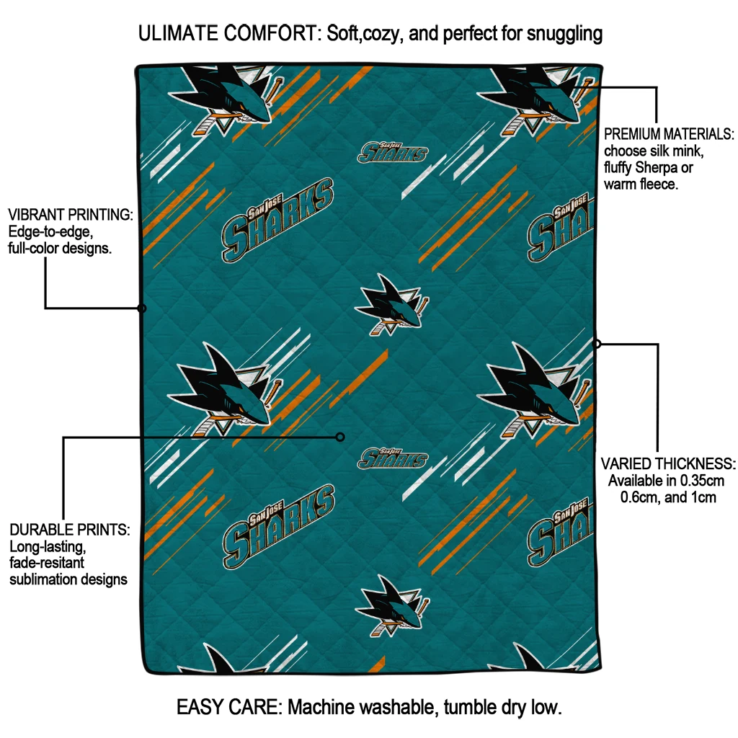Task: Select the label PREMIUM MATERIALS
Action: click(x=669, y=134)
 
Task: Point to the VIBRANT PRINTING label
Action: click(x=70, y=215)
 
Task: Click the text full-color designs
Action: click(x=60, y=249)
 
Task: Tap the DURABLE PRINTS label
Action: click(x=70, y=530)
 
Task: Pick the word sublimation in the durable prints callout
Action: click(x=44, y=579)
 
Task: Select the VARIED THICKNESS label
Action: click(x=668, y=463)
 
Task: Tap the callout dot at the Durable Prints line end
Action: click(x=340, y=437)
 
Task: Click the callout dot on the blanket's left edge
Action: click(x=142, y=308)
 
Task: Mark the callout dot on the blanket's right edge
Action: click(x=597, y=344)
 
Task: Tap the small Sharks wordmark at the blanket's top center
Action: click(x=393, y=152)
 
